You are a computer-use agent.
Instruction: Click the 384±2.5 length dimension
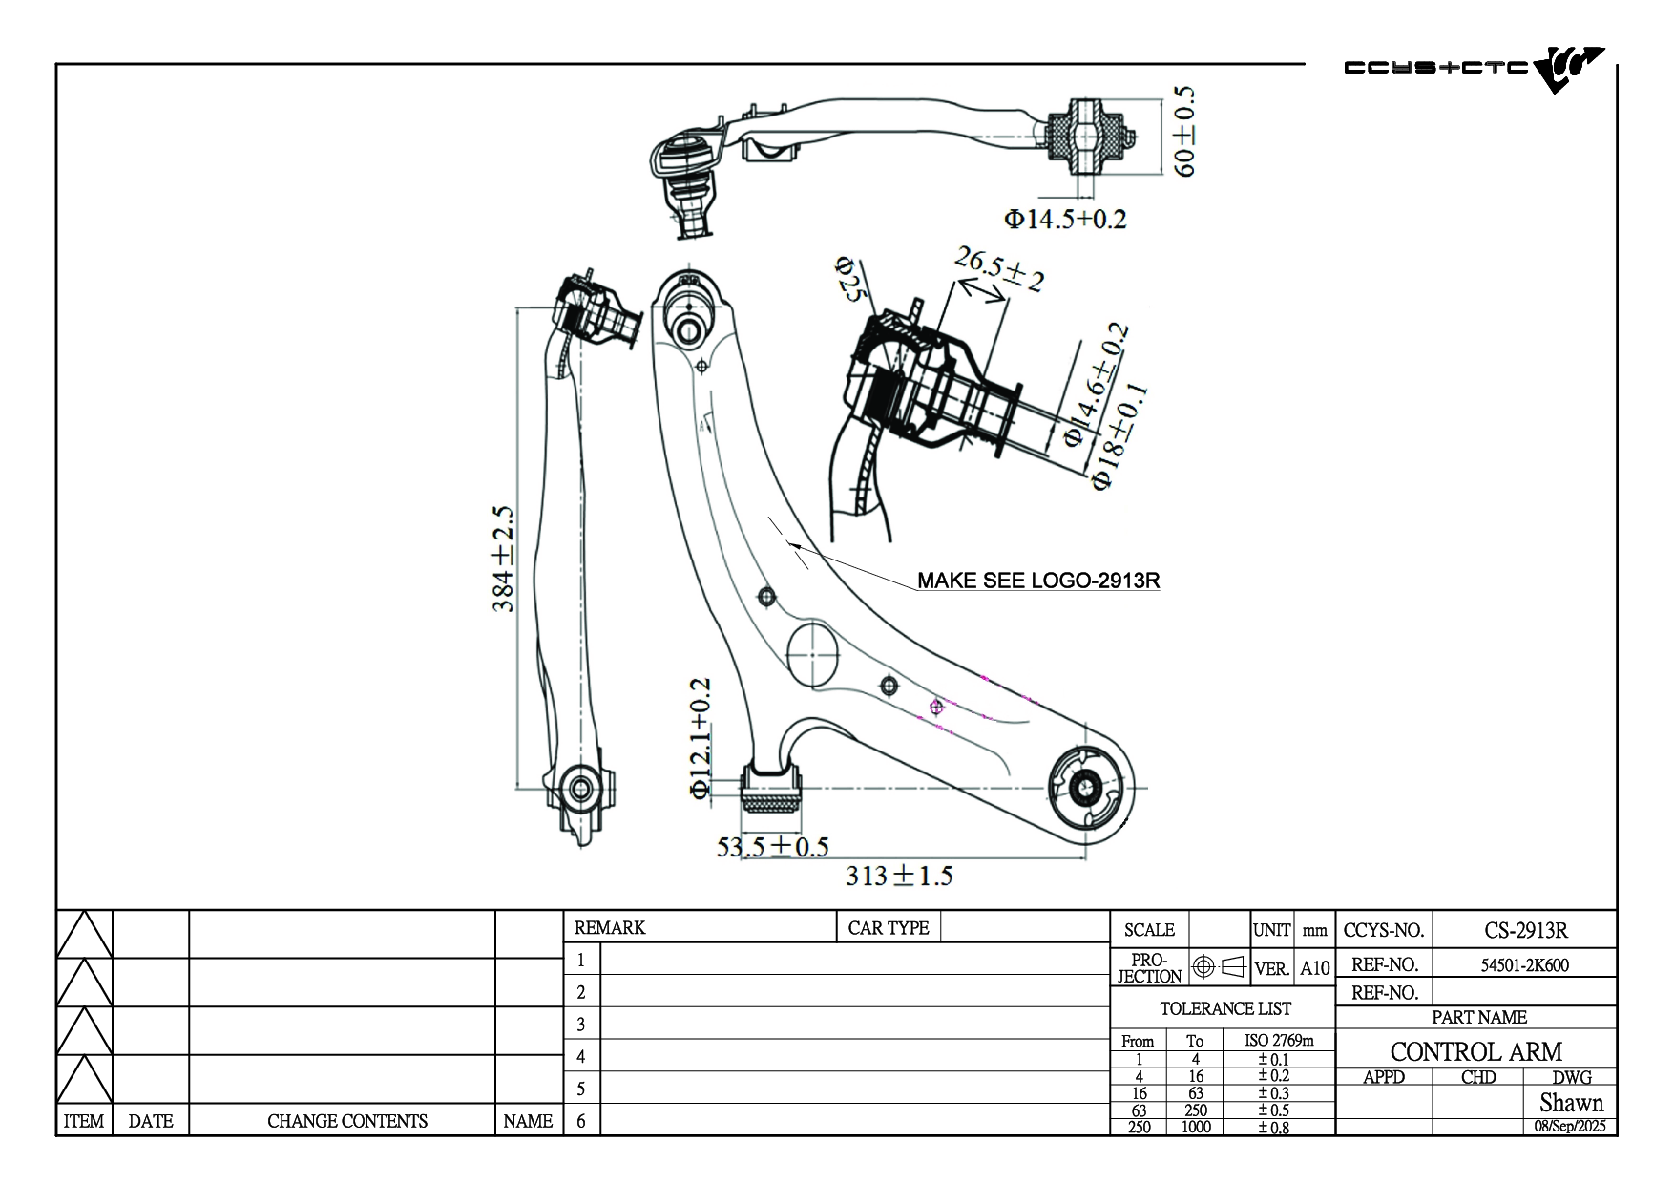click(504, 560)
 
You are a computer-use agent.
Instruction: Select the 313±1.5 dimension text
click(899, 876)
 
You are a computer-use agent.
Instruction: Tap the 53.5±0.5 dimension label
click(772, 847)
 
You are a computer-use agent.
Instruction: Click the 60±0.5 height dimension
click(1182, 131)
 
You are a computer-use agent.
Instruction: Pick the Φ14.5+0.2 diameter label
click(1064, 220)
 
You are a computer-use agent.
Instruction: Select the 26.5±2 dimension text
click(999, 267)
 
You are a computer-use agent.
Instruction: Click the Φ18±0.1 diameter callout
click(1119, 437)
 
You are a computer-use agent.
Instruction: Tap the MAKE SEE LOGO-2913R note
click(1038, 581)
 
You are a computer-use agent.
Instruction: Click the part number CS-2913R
click(1525, 930)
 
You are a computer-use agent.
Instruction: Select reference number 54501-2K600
click(1524, 965)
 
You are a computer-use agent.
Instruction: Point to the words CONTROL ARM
click(1475, 1051)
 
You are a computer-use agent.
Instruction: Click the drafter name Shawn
click(1571, 1103)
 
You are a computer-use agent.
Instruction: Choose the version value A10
click(1314, 968)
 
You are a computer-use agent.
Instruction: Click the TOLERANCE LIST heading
click(1224, 1008)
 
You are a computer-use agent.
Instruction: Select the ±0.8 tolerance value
click(1273, 1127)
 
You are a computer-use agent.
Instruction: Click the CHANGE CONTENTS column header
click(346, 1121)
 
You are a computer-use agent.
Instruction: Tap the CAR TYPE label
click(888, 928)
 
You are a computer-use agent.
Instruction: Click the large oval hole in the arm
click(812, 653)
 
